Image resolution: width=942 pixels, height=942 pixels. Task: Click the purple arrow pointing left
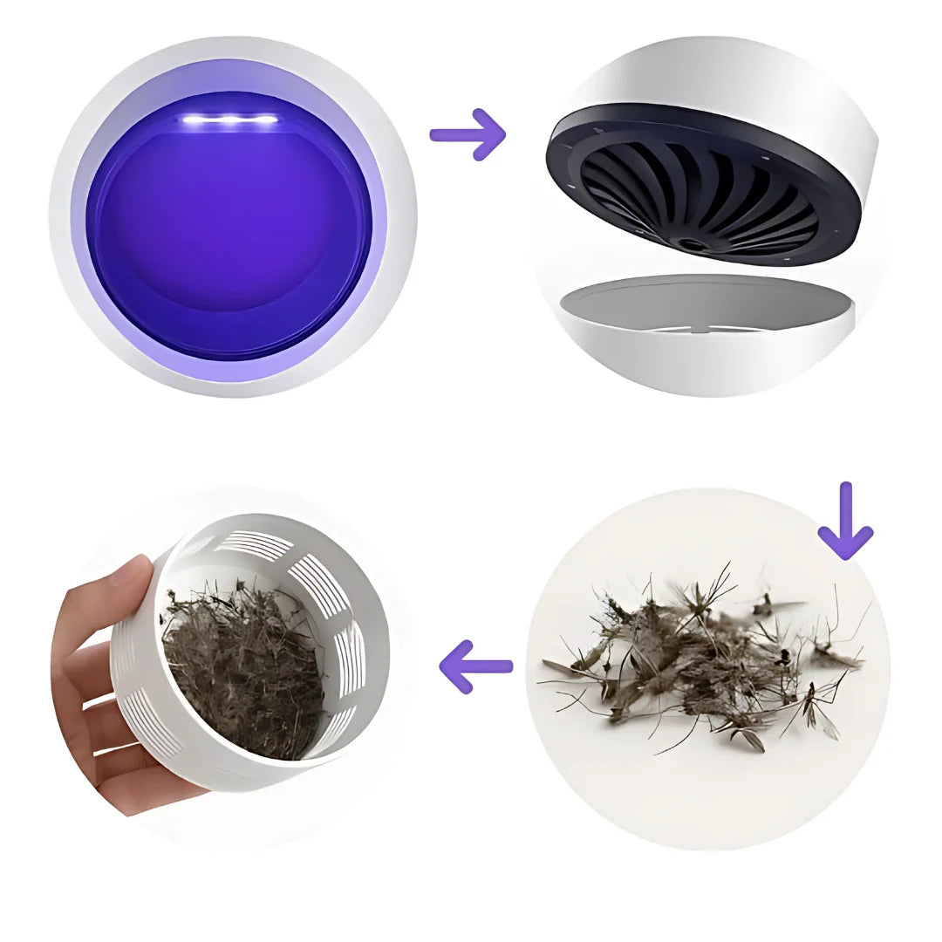[x=476, y=667]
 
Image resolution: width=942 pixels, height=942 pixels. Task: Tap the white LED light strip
[x=229, y=119]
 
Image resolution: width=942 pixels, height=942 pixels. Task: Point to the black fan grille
[x=698, y=196]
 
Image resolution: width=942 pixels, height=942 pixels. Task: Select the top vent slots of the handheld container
[x=253, y=545]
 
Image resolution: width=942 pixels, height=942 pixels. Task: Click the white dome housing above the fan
[x=768, y=96]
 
